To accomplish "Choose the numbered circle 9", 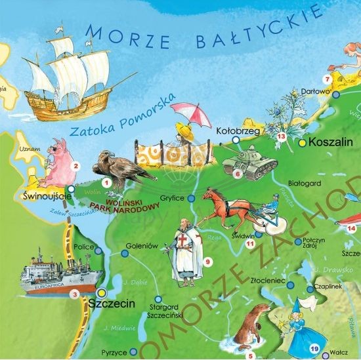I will click(x=207, y=262).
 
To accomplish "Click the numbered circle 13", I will click(x=282, y=136).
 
